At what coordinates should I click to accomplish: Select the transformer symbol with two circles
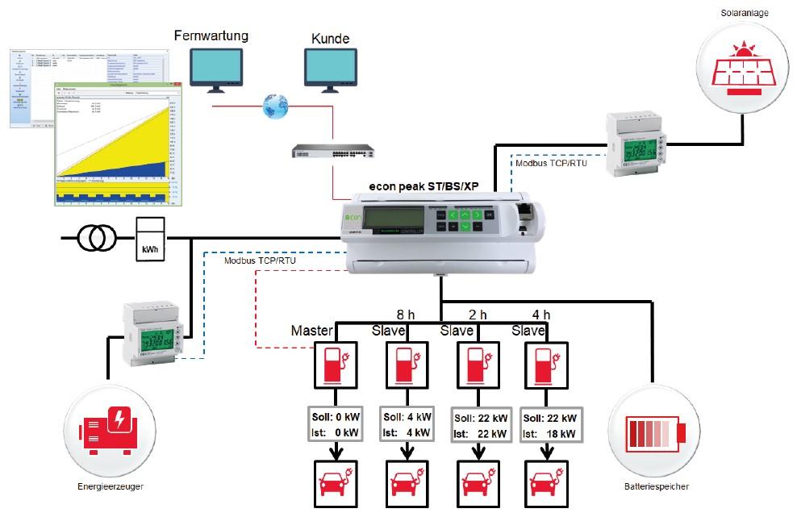tap(96, 238)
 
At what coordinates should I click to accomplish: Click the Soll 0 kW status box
tap(336, 425)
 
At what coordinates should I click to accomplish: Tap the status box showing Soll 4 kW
tap(406, 425)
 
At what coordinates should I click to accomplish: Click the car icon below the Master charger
tap(336, 485)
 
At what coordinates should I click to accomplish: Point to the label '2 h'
tap(477, 315)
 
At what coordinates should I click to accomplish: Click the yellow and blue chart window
tap(118, 141)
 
